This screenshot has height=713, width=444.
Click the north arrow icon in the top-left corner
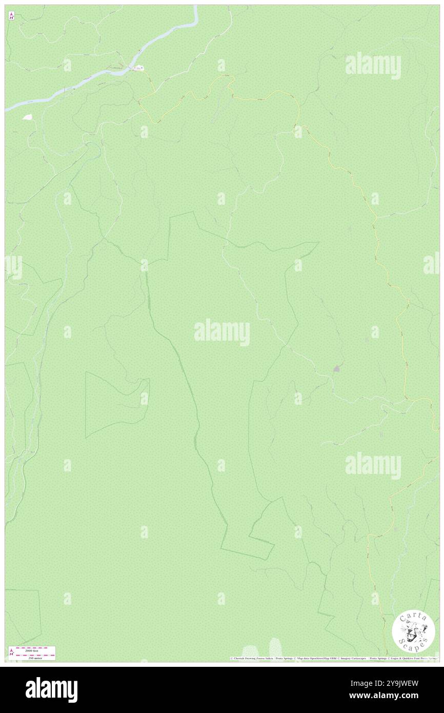[x=11, y=16]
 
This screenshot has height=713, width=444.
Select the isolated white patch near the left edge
[x=27, y=117]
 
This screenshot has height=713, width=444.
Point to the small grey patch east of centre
[x=336, y=368]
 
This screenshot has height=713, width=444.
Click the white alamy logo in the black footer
[x=51, y=690]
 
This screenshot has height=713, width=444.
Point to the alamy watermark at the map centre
[x=222, y=332]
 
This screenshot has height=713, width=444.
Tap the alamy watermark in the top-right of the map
[x=373, y=65]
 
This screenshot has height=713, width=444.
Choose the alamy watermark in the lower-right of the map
[x=373, y=466]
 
